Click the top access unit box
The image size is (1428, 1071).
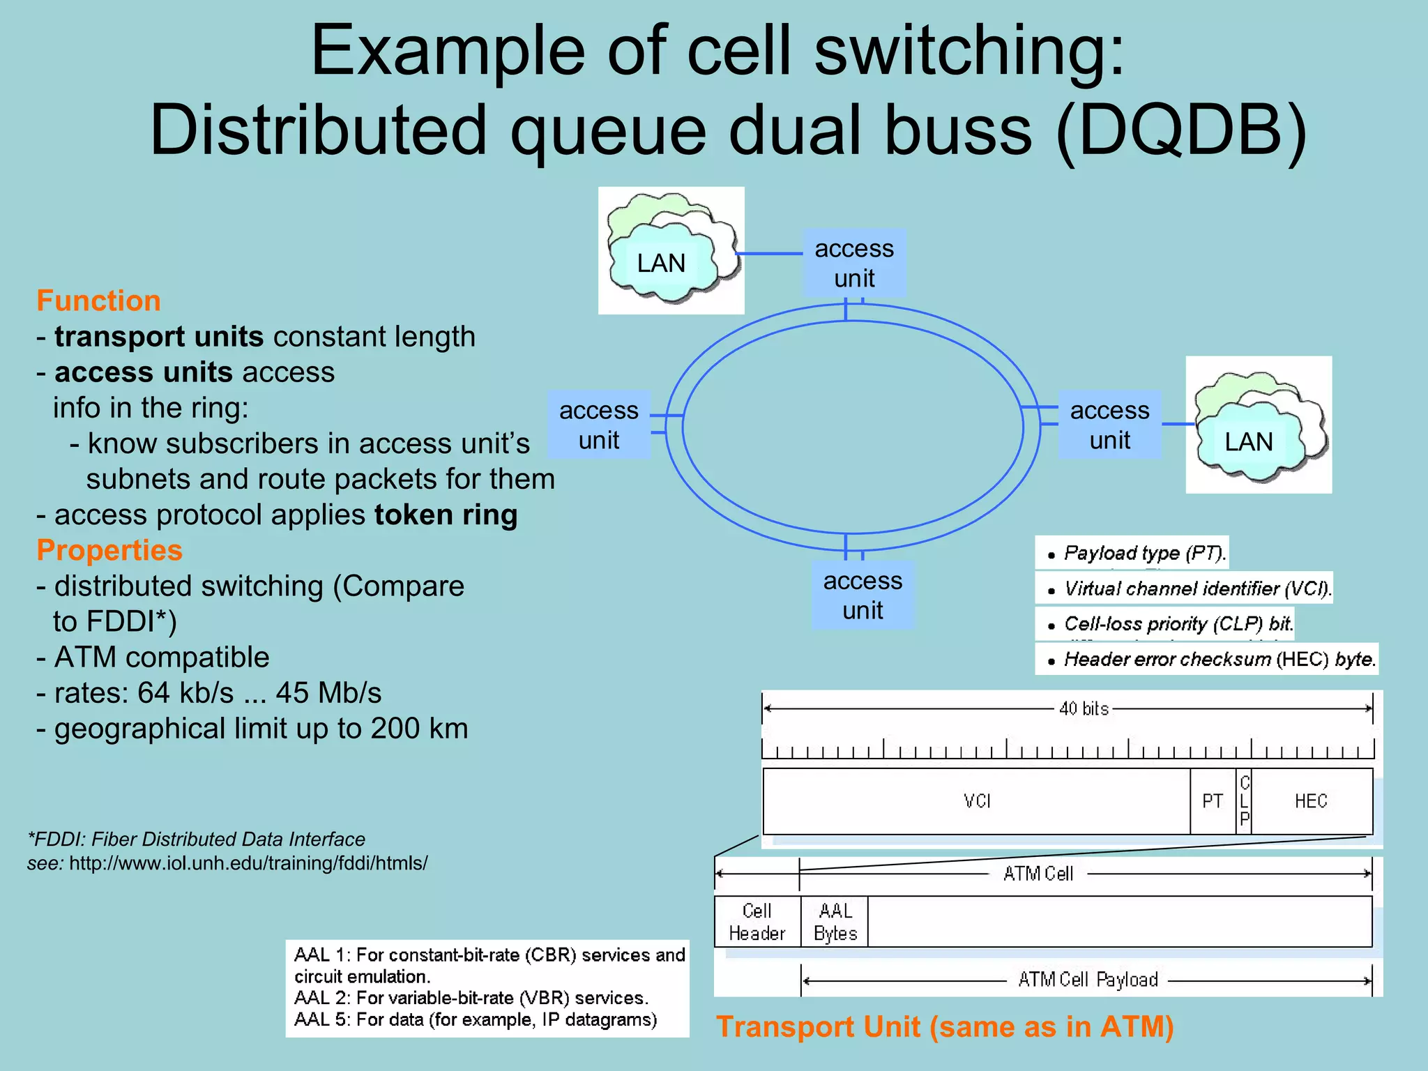(854, 263)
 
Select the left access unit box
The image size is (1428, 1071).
(599, 425)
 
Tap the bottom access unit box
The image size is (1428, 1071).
(863, 595)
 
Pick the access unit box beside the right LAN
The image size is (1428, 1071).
(1109, 425)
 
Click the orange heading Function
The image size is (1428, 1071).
(98, 301)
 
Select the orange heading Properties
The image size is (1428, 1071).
(109, 550)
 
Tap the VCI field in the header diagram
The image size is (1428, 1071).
(976, 801)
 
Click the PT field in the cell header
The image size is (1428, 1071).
(1213, 801)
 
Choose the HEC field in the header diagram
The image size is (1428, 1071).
(1311, 801)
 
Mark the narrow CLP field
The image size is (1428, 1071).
(1245, 801)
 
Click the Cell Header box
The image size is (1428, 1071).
(757, 922)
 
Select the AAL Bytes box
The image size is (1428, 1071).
(835, 922)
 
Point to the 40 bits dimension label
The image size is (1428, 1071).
(1083, 708)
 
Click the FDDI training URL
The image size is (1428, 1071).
(248, 863)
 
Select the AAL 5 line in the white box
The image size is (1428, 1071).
(476, 1019)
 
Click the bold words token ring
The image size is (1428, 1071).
(446, 515)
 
